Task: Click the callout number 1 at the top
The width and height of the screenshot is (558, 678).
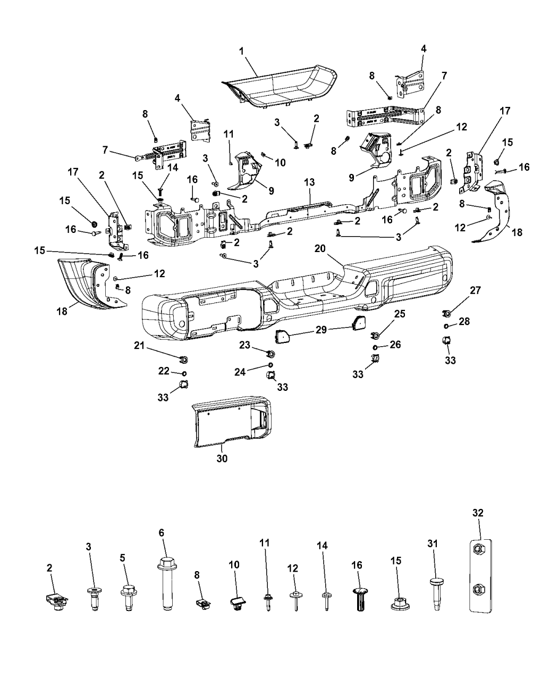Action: [241, 52]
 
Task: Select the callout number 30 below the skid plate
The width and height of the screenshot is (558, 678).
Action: [222, 458]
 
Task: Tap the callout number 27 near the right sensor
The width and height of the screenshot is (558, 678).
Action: [475, 290]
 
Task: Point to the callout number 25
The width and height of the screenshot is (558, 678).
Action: [399, 314]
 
